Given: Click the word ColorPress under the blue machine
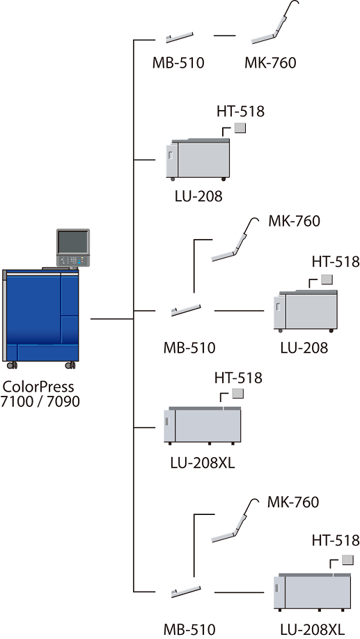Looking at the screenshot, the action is click(x=38, y=386).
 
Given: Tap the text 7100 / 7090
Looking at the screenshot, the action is click(x=40, y=402).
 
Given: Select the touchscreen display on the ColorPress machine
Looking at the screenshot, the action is click(x=73, y=242).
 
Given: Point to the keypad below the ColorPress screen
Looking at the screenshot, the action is click(x=73, y=261).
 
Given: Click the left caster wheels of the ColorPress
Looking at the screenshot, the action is click(x=12, y=364).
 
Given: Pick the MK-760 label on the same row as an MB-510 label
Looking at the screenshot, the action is click(x=270, y=63).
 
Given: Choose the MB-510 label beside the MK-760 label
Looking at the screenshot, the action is click(x=178, y=63).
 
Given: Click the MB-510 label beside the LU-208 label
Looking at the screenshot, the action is click(x=189, y=348).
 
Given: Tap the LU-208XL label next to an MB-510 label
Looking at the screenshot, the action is click(x=311, y=628).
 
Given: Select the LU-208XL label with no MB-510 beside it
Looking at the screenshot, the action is click(x=203, y=463).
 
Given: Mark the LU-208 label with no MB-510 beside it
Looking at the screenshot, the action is click(x=198, y=197).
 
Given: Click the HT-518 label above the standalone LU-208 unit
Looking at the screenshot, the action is click(x=240, y=111).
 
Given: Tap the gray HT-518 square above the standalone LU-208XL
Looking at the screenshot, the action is click(x=238, y=393).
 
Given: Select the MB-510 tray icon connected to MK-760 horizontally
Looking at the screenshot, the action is click(x=180, y=37).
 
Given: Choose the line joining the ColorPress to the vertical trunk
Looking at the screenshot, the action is click(x=112, y=318).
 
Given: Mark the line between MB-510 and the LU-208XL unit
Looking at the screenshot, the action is click(x=239, y=592).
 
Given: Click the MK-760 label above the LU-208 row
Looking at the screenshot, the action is click(x=294, y=221).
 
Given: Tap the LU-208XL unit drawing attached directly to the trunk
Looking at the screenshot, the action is click(x=203, y=425).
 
